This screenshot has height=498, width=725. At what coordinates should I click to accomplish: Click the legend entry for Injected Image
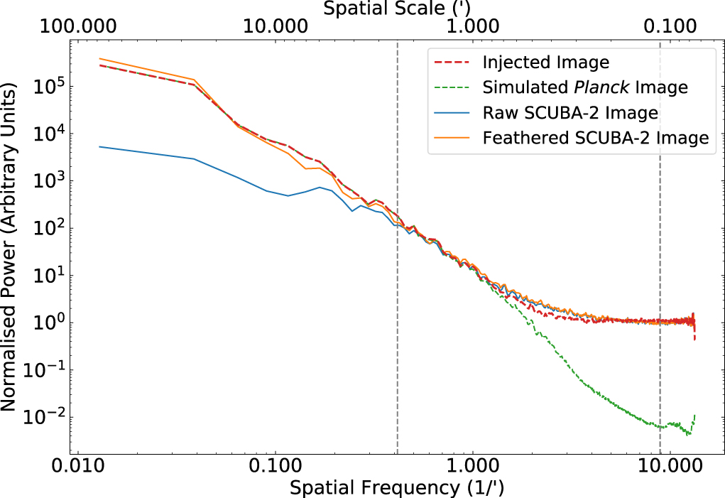tap(545, 62)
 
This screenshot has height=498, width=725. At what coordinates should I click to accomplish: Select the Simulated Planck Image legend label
tap(584, 87)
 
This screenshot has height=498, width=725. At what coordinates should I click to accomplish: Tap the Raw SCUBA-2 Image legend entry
tap(570, 113)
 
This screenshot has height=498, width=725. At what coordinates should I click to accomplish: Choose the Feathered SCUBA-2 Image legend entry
tap(595, 138)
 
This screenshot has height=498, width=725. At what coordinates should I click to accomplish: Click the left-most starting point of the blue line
tap(99, 146)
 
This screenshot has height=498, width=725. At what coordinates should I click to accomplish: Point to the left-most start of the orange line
tap(99, 59)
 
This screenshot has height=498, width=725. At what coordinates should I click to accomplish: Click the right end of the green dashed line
tap(694, 414)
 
